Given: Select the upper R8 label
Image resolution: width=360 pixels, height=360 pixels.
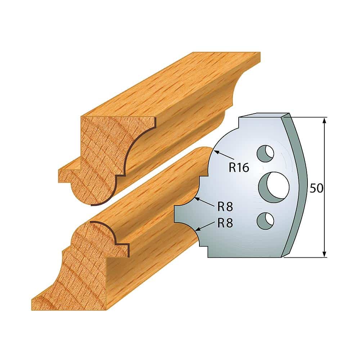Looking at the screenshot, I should click(x=225, y=207).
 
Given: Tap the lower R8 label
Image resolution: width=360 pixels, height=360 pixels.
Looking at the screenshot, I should click(x=225, y=223).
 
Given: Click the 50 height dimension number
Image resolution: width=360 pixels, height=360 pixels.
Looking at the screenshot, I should click(x=316, y=189).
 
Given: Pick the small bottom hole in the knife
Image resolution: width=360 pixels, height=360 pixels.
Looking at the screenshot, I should click(x=265, y=220).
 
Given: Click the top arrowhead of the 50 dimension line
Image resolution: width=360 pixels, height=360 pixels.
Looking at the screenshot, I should click(x=325, y=121).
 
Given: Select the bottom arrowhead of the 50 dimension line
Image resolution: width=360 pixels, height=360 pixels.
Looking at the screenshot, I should click(x=325, y=254).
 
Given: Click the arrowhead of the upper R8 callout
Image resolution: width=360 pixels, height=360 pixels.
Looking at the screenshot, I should click(x=196, y=199).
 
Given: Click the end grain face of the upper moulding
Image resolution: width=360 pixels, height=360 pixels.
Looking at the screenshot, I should click(x=101, y=151).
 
